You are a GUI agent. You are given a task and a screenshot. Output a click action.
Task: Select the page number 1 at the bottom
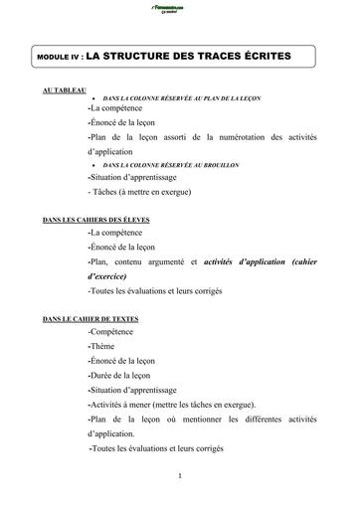178,475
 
